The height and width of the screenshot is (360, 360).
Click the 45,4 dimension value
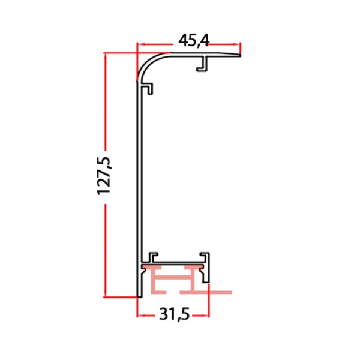193,40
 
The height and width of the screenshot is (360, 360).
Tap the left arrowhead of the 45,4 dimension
141,44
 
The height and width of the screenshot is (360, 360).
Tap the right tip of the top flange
239,55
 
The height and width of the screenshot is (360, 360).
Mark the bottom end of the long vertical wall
139,294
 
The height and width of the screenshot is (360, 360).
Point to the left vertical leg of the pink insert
154,282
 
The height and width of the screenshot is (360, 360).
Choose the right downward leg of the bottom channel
208,276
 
